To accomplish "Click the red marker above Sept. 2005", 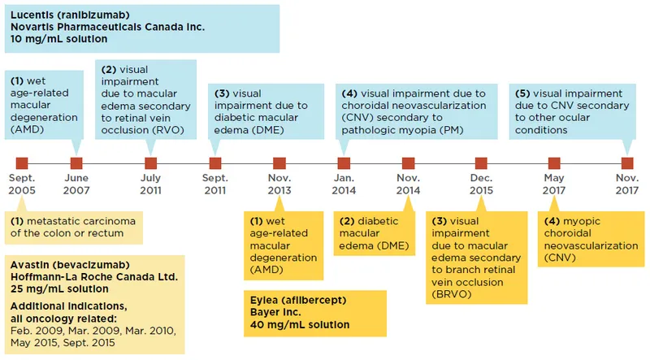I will point(22,163).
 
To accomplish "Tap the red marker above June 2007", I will point(76,163).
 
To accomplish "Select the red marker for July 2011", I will point(151,163).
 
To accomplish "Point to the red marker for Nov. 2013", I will point(279,163).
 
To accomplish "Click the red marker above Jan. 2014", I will point(344,163).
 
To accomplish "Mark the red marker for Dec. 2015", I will point(481,163).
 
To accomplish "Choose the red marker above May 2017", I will point(554,163).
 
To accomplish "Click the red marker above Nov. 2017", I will point(627,163).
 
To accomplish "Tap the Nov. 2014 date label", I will point(408,184).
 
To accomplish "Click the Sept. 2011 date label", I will point(215,184).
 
